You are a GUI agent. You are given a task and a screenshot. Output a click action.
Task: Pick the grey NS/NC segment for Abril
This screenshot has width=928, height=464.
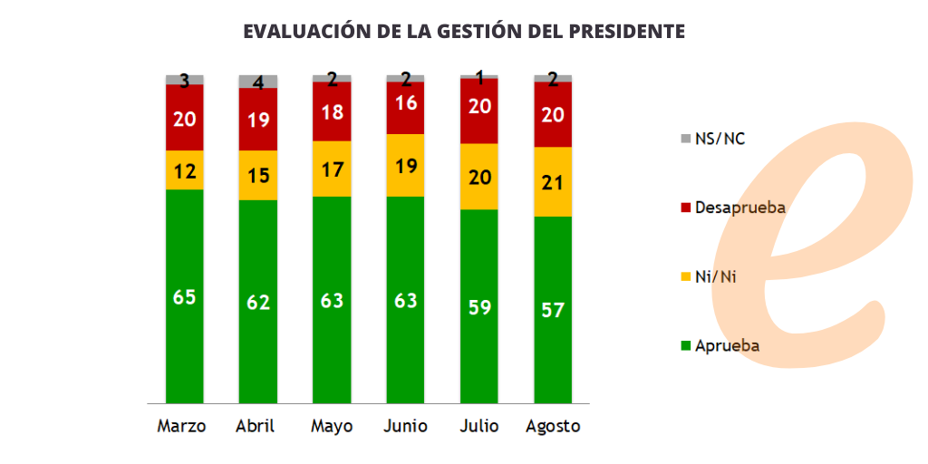pyautogui.click(x=258, y=81)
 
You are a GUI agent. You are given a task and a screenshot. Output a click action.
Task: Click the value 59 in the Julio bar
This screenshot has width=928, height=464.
pyautogui.click(x=479, y=306)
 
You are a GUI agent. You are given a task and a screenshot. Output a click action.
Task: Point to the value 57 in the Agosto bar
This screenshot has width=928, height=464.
pyautogui.click(x=553, y=310)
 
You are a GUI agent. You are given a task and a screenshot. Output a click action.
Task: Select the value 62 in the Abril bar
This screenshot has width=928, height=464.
pyautogui.click(x=258, y=301)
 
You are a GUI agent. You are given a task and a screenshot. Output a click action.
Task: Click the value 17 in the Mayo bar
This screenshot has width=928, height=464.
pyautogui.click(x=332, y=169)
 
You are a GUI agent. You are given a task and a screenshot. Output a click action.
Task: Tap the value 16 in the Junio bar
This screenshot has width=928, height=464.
pyautogui.click(x=405, y=102)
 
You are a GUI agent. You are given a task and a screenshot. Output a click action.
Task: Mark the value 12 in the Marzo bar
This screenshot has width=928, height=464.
pyautogui.click(x=185, y=169)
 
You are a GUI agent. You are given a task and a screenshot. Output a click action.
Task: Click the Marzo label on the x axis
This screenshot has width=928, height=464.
pyautogui.click(x=182, y=426)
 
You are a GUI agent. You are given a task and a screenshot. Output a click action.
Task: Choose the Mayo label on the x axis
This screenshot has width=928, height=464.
pyautogui.click(x=332, y=426)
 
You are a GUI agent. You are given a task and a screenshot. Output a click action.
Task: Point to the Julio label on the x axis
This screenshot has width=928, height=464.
pyautogui.click(x=479, y=426)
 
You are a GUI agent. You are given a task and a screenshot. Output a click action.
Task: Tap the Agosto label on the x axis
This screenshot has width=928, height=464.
pyautogui.click(x=553, y=426)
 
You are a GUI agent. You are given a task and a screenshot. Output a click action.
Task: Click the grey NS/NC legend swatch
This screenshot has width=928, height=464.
pyautogui.click(x=684, y=139)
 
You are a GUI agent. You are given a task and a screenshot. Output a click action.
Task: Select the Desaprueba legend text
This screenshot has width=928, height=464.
pyautogui.click(x=739, y=208)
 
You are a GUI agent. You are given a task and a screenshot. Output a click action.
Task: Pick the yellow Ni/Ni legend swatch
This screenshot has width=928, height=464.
pyautogui.click(x=684, y=276)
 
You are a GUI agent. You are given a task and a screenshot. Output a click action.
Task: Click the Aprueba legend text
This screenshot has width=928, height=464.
pyautogui.click(x=727, y=345)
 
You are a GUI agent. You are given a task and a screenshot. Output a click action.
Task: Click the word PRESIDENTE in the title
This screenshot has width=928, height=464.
pyautogui.click(x=627, y=31)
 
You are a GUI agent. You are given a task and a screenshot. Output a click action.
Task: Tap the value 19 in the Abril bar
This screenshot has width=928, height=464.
pyautogui.click(x=258, y=119)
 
